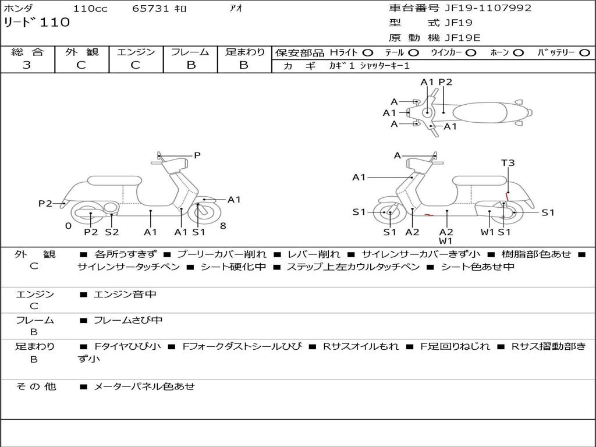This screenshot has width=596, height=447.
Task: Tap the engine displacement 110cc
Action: (90, 8)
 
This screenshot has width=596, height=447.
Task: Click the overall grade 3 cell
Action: (27, 65)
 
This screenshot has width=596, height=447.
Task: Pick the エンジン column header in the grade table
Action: (136, 52)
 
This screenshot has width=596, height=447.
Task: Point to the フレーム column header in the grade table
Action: (190, 52)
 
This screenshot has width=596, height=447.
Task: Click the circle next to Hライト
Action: (368, 52)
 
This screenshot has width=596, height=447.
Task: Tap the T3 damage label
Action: (508, 163)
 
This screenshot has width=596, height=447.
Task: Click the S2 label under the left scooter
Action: (112, 232)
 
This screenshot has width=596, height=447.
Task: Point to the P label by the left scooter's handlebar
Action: (197, 155)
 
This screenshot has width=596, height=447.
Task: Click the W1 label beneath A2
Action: (446, 241)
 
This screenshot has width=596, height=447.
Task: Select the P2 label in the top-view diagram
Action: (445, 83)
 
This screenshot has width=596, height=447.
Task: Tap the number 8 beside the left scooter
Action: (223, 226)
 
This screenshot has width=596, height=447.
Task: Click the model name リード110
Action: (36, 23)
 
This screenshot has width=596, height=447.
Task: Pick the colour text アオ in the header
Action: (236, 8)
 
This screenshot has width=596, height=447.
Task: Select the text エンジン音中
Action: (125, 295)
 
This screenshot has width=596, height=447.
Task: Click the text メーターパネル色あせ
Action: (144, 386)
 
